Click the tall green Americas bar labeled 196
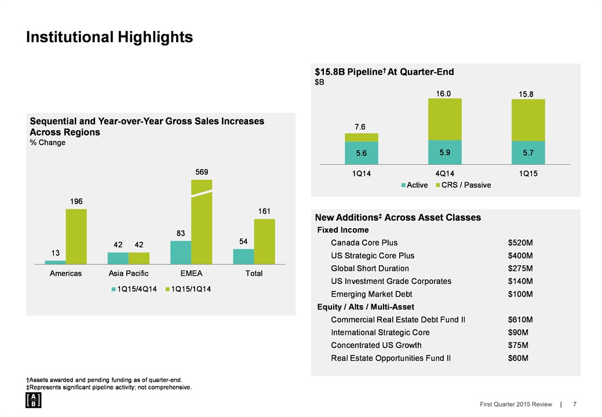(76, 236)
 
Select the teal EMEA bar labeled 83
(181, 253)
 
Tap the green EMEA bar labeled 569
(202, 222)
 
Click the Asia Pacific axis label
(129, 273)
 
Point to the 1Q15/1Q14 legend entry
(189, 289)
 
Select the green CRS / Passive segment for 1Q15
(528, 120)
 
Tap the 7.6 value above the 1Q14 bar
(360, 126)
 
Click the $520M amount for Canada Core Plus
(520, 243)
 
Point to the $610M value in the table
(520, 320)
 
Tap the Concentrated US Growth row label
(376, 345)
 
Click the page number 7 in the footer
(574, 404)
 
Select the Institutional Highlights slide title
(110, 37)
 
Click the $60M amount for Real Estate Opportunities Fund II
(517, 358)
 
